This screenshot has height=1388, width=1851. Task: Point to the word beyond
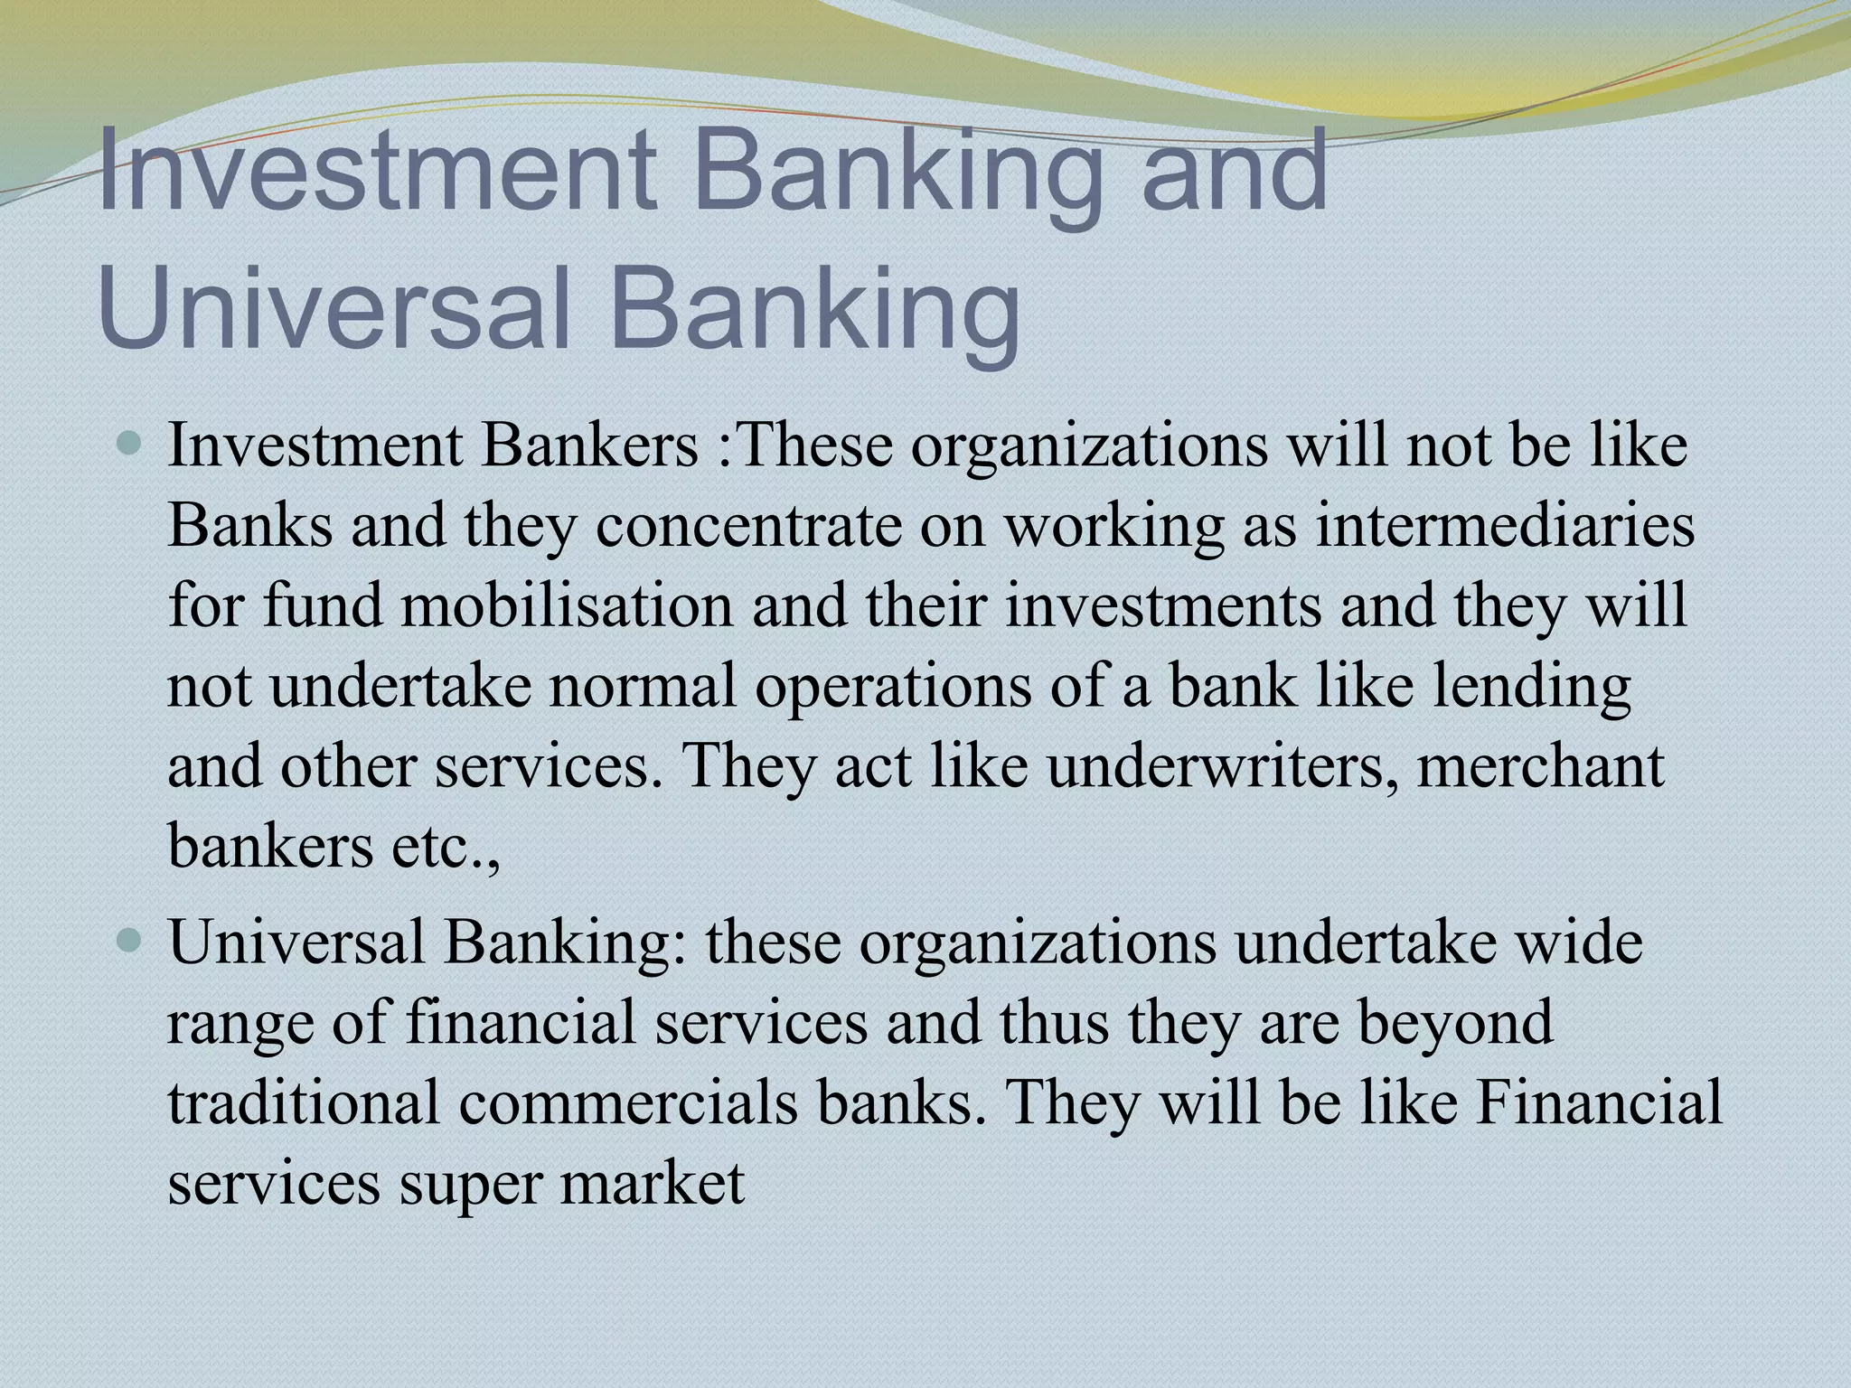point(1455,1022)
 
